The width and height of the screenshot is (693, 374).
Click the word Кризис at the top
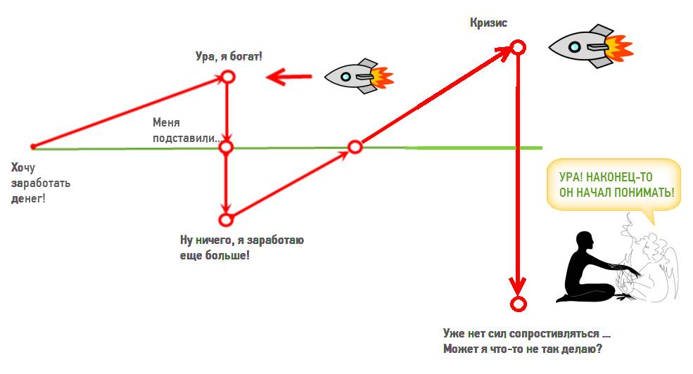[x=488, y=23]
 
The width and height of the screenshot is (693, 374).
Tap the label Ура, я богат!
[x=229, y=55]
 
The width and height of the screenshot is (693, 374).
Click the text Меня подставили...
[x=184, y=131]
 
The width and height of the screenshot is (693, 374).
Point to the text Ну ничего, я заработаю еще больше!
[x=241, y=248]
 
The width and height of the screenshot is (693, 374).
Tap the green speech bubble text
[x=613, y=185]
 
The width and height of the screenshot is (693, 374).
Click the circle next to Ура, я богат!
[x=227, y=77]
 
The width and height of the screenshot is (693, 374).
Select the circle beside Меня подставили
[x=226, y=148]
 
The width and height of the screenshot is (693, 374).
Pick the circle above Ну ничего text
[x=226, y=219]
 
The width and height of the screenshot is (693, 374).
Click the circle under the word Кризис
[x=518, y=47]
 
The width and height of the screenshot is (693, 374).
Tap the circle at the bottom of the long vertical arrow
[x=518, y=304]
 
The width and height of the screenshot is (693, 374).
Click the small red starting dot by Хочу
[x=33, y=146]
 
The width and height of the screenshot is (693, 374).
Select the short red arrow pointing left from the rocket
[x=288, y=76]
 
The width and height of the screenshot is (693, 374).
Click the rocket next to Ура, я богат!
[x=355, y=76]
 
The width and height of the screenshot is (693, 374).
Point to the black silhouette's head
[x=583, y=242]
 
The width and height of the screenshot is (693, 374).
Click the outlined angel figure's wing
[x=668, y=274]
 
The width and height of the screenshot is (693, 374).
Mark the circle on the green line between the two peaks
[x=355, y=147]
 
